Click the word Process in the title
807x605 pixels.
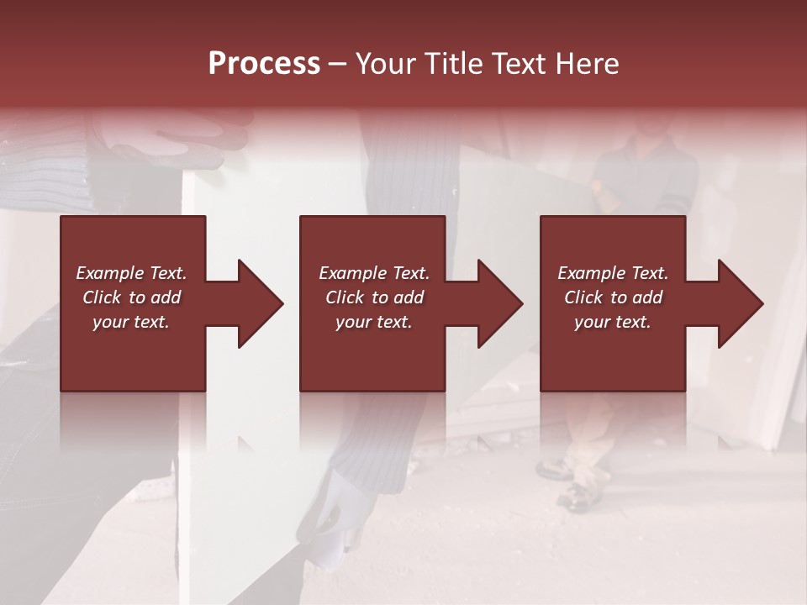coord(264,64)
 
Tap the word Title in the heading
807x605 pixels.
coord(449,64)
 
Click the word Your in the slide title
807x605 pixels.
coord(388,64)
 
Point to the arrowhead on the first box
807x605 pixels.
coord(261,303)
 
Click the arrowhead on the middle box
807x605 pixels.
coord(500,303)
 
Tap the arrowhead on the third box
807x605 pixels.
coord(741,303)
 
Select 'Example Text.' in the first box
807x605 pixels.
coord(131,273)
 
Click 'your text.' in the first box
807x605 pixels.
coord(131,322)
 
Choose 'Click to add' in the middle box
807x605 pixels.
coord(374,297)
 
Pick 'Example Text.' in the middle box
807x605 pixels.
coord(374,273)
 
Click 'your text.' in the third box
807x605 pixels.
coord(613,322)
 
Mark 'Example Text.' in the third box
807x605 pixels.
coord(613,273)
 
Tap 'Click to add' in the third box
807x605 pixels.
coord(613,297)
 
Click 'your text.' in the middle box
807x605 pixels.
coord(374,322)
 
